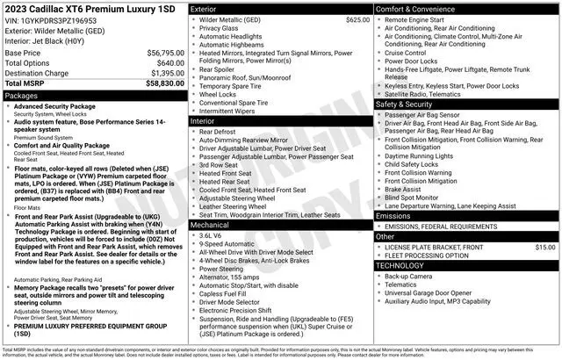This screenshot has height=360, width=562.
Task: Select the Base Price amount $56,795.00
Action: click(159, 53)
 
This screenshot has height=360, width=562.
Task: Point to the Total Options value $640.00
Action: click(165, 62)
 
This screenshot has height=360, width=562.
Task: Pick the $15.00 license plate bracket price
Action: click(544, 248)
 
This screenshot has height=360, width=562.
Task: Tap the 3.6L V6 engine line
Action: click(211, 236)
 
